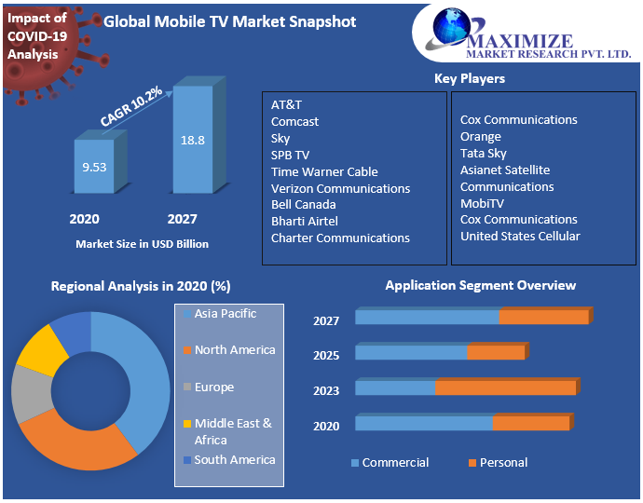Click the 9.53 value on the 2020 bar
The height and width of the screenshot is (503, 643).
click(94, 169)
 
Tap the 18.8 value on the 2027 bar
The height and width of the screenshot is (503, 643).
click(193, 141)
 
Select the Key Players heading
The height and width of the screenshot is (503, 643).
click(470, 78)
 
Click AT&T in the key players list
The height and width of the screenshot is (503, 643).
click(286, 104)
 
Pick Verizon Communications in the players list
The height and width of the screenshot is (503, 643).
click(340, 188)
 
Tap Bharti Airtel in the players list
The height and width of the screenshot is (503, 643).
click(305, 221)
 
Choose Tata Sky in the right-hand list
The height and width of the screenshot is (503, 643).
click(484, 153)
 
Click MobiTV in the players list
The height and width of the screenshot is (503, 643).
click(482, 203)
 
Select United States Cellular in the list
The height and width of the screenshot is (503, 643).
click(520, 236)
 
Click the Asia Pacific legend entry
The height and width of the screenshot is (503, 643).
click(225, 314)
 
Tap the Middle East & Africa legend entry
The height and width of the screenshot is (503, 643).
click(233, 431)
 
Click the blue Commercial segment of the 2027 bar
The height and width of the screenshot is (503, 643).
click(426, 317)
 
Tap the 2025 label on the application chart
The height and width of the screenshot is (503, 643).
click(326, 355)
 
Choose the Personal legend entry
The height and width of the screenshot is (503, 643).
click(503, 462)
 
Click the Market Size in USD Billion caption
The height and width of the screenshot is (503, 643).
click(142, 244)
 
